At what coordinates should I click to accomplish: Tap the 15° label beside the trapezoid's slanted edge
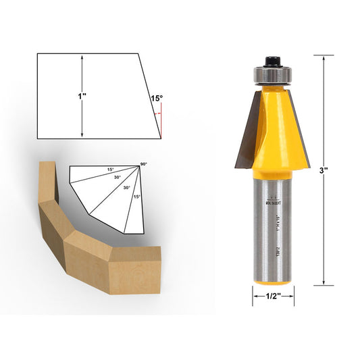[x=156, y=99]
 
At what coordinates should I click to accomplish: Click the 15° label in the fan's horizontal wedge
[x=109, y=170]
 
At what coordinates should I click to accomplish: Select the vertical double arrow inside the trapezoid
[x=82, y=97]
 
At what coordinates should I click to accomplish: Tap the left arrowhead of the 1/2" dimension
[x=255, y=296]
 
